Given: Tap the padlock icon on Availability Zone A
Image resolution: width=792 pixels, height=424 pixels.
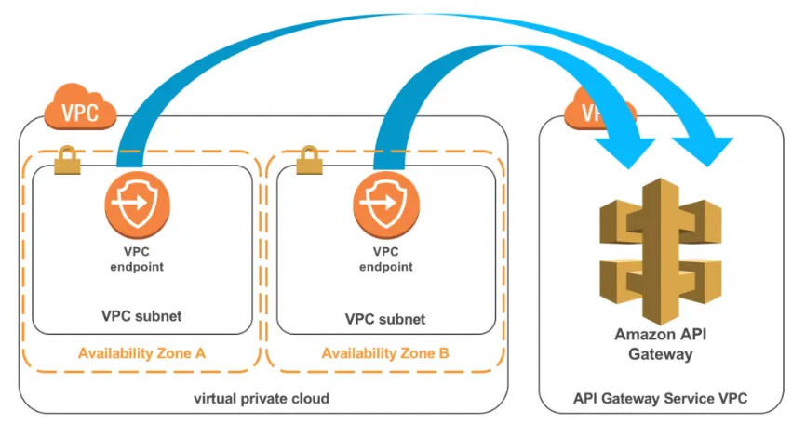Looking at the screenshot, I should [67, 161].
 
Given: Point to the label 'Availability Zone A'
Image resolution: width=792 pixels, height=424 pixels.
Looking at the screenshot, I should [141, 353].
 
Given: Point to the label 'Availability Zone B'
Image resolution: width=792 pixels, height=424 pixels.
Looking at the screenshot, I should [385, 354].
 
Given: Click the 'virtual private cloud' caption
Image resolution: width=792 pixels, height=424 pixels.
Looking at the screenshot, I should [262, 399].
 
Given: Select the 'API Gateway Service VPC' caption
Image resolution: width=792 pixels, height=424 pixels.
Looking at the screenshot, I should [660, 399].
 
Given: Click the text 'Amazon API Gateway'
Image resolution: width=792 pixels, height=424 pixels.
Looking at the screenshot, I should [661, 344].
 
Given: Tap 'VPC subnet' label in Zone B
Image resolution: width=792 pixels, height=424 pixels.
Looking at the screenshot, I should [385, 319].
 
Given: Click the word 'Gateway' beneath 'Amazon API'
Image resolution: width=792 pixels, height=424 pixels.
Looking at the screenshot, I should [661, 354].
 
